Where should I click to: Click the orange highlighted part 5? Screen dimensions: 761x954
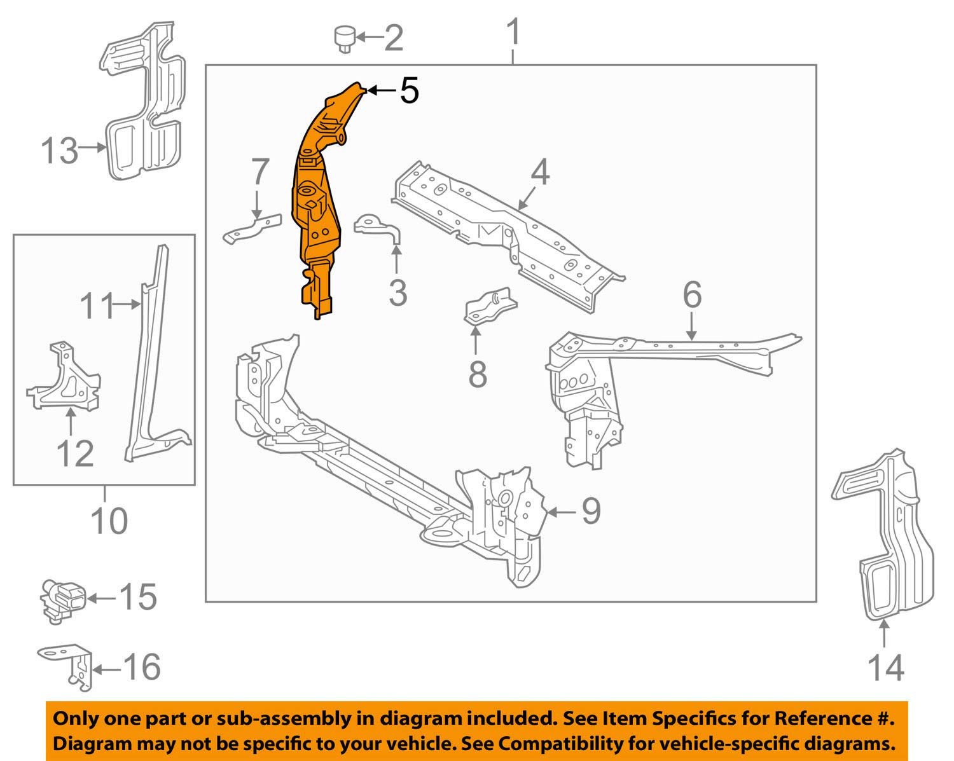315,197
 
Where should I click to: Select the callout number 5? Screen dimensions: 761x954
409,91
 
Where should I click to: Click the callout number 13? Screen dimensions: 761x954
59,151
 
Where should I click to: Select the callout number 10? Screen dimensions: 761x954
109,521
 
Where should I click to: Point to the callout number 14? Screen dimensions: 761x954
885,667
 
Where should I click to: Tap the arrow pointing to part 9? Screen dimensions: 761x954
560,512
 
